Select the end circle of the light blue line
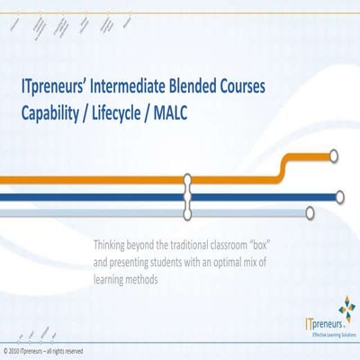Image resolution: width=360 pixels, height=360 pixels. (x=310, y=213)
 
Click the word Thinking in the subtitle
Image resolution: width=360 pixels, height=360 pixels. (x=113, y=243)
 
